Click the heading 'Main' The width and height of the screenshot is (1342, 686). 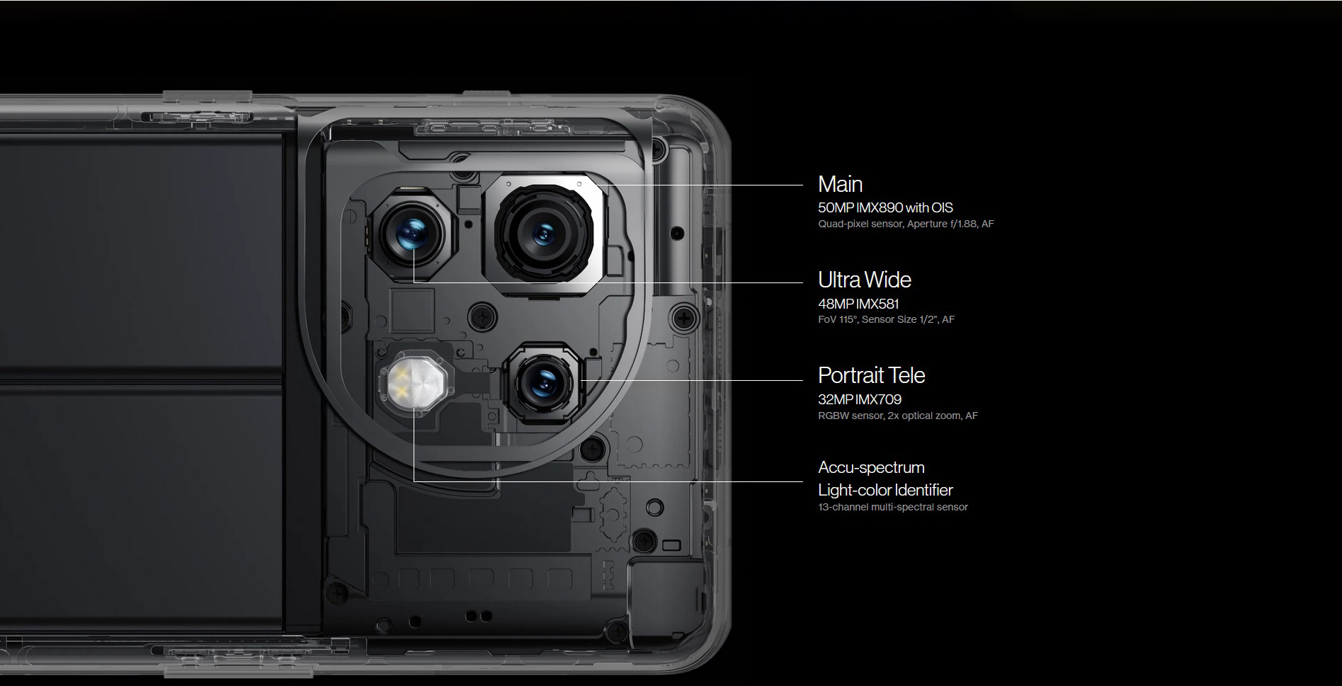coord(840,184)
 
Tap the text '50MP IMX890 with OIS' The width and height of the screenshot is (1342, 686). coord(885,207)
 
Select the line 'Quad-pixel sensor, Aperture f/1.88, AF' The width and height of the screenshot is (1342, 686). coord(906,224)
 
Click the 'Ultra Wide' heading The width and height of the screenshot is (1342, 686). coord(864,280)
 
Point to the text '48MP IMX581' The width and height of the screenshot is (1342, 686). coord(858,304)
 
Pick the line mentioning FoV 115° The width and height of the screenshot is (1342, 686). coord(886,319)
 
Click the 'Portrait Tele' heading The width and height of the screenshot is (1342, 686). coord(871,375)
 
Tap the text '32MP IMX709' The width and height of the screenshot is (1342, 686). coord(860,399)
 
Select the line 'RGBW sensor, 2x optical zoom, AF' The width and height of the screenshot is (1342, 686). coord(898,416)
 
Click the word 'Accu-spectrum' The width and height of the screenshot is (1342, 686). coord(871,467)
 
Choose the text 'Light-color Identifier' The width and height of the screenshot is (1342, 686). coord(885,490)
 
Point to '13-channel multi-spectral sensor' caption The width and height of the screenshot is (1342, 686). coord(892,507)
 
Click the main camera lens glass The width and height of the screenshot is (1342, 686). coord(544,233)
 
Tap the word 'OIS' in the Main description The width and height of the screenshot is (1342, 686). coord(942,207)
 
